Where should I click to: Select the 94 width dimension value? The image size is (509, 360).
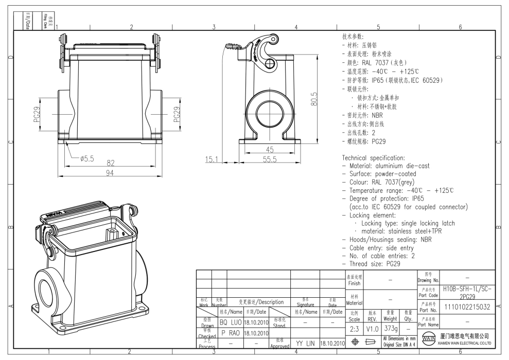tap(110, 173)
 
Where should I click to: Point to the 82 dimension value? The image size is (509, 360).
tap(110, 163)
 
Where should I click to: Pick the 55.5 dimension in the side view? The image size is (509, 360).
tap(269, 159)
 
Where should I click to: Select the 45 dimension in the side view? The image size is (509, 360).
tap(269, 150)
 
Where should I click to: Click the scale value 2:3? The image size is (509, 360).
tap(354, 328)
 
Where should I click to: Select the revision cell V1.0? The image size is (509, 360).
tap(372, 328)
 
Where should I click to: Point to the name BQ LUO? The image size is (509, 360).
tap(230, 322)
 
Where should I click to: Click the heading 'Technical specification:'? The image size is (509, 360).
tap(381, 157)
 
